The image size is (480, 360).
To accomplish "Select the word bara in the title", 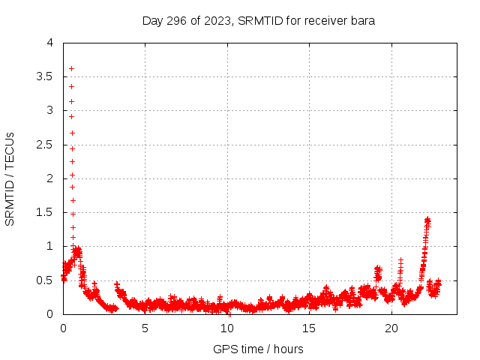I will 364,20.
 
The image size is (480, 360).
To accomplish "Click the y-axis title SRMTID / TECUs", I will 10,178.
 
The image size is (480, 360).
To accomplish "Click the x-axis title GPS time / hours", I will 259,349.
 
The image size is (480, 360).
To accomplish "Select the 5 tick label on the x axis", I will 145,328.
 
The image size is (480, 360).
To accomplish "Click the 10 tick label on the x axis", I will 227,328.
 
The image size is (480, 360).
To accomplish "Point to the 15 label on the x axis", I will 310,328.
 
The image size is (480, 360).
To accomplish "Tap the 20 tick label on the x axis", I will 391,328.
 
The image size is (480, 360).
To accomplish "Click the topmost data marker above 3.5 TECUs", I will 71,68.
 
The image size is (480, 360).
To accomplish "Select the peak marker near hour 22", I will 427,219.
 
